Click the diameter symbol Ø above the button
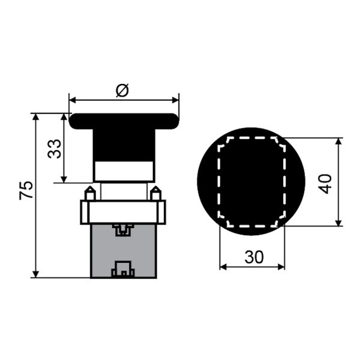pyautogui.click(x=122, y=91)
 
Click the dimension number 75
pyautogui.click(x=26, y=190)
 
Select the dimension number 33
pyautogui.click(x=55, y=149)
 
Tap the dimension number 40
pyautogui.click(x=325, y=184)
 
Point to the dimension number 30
pyautogui.click(x=254, y=257)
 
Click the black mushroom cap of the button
pyautogui.click(x=124, y=121)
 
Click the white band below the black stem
pyautogui.click(x=124, y=171)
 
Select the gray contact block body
pyautogui.click(x=124, y=251)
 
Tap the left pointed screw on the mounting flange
pyautogui.click(x=90, y=193)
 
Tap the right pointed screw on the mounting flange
pyautogui.click(x=155, y=193)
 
